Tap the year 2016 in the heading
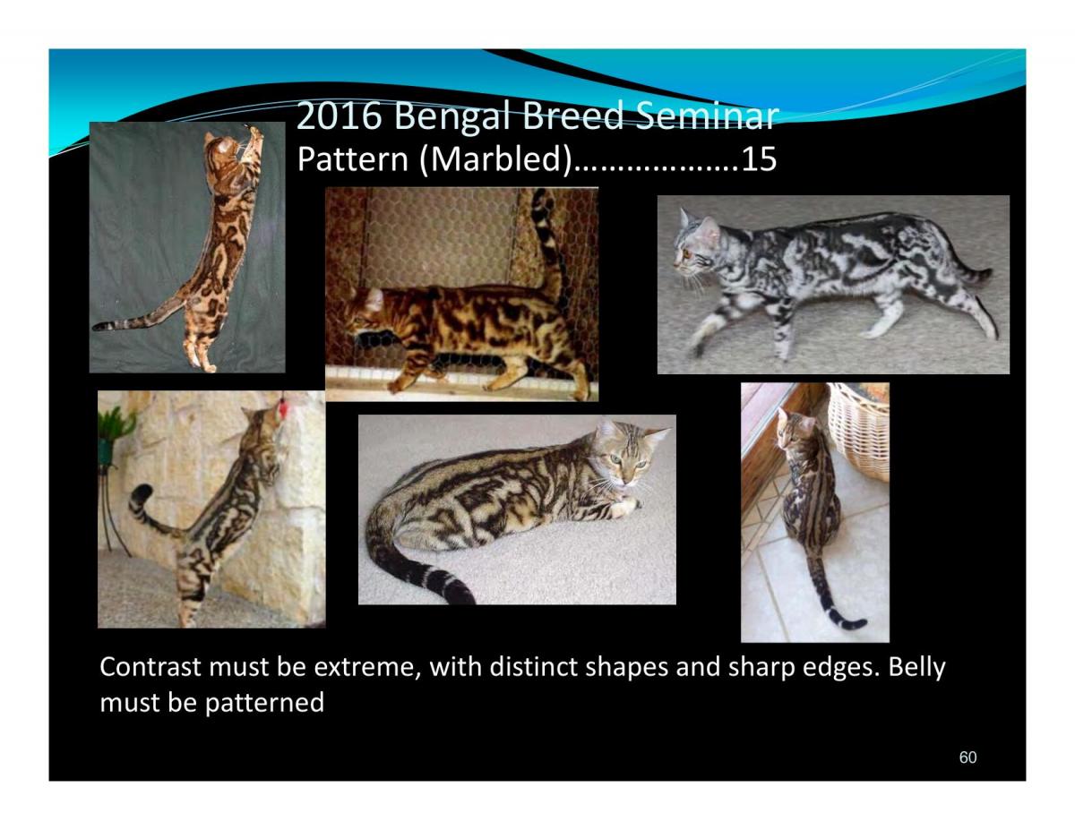(340, 116)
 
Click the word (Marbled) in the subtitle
(494, 159)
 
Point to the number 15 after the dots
(759, 159)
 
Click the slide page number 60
(967, 757)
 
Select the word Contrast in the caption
(150, 666)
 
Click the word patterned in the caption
(264, 703)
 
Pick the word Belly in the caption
(916, 667)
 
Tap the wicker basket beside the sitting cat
(858, 430)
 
